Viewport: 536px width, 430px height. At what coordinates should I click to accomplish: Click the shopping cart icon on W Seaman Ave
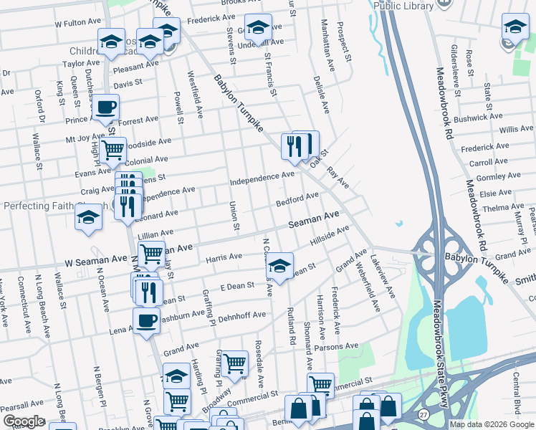coord(151,254)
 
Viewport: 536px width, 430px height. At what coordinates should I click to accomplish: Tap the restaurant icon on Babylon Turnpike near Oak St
coord(295,148)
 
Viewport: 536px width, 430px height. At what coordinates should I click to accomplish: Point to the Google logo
coord(24,421)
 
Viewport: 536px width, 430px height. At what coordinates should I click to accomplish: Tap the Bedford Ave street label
coord(297,198)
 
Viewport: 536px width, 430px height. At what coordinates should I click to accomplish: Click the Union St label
coord(234,216)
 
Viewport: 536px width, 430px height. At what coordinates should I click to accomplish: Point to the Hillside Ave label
coord(329,238)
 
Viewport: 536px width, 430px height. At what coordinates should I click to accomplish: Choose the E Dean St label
coord(237,286)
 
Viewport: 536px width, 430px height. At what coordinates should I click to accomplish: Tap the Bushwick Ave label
coord(479,116)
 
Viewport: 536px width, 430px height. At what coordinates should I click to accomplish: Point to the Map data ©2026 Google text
coord(492,424)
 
